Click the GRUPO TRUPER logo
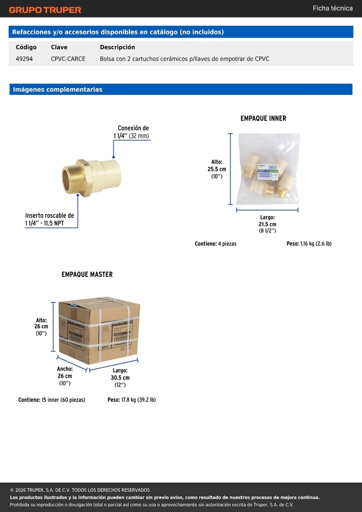pos(45,10)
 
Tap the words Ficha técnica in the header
pos(332,8)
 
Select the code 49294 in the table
pos(24,59)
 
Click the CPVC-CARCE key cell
pos(68,59)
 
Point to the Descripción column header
pos(117,47)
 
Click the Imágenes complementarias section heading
pos(57,89)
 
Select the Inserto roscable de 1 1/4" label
pos(49,219)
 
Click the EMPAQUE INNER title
pos(263,118)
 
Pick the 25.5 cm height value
pos(216,169)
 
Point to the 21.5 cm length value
pos(267,224)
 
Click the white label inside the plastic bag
pos(267,172)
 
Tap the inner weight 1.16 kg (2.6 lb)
pos(309,243)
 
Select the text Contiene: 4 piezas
pos(215,243)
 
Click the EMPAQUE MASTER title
pos(87,274)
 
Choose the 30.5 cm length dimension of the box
pos(120,378)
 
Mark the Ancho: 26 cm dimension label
pos(65,372)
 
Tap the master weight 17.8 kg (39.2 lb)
pos(131,399)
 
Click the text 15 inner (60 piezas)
pos(63,399)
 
